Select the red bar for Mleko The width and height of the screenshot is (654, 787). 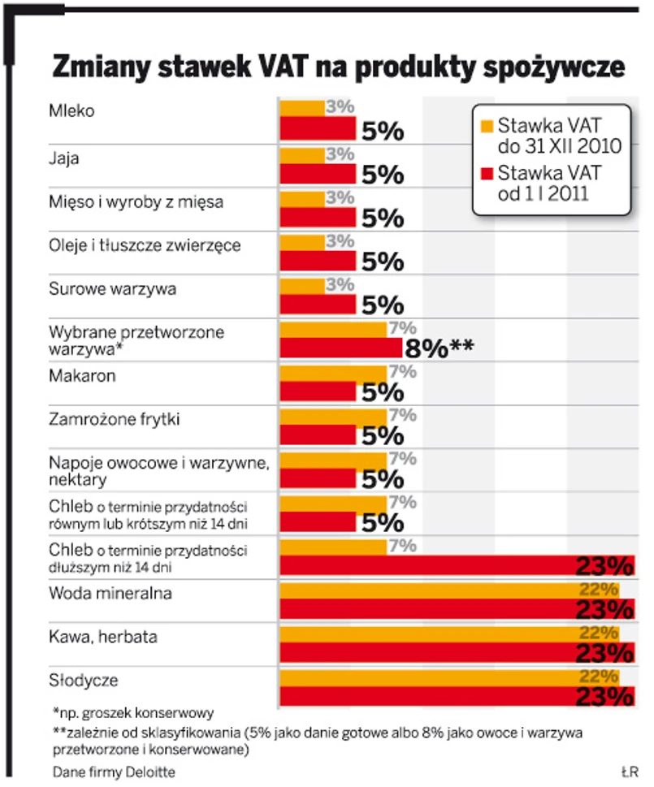tap(318, 128)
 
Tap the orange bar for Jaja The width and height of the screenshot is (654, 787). tap(302, 154)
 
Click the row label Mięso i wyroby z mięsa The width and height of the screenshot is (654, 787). tap(136, 202)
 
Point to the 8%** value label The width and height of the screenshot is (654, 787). tap(439, 349)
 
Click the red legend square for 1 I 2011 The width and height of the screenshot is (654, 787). tap(487, 171)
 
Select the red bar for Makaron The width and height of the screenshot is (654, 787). tap(318, 391)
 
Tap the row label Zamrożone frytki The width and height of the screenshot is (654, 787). tap(115, 420)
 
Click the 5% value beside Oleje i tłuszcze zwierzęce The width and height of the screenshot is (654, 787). tap(383, 262)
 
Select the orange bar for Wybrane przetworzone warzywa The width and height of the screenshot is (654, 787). tap(333, 329)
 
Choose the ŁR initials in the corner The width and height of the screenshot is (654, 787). tap(628, 770)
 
